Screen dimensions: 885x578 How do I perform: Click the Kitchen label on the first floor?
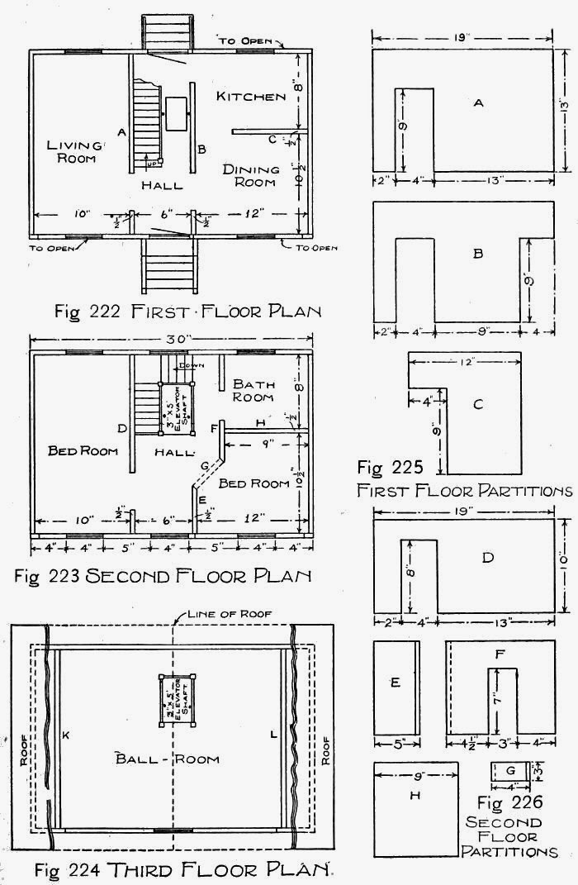pos(251,97)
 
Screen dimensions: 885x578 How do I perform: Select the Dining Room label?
pos(249,175)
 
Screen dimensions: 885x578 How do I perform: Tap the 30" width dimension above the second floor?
pos(172,337)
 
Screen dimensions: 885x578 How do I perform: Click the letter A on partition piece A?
pos(478,102)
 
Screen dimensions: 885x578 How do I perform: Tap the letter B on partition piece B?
pos(477,255)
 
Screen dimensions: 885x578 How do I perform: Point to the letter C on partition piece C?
pos(478,404)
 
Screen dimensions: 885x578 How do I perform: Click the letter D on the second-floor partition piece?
pos(487,559)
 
